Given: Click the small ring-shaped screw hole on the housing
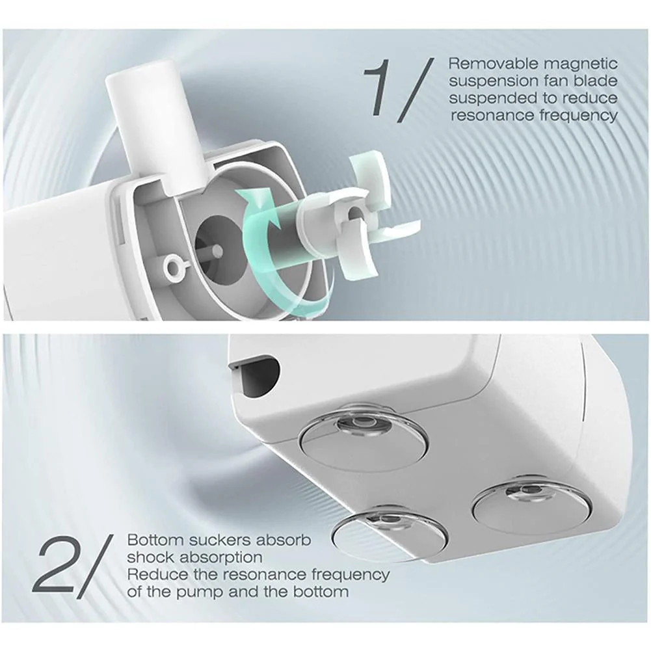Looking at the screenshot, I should (x=173, y=265).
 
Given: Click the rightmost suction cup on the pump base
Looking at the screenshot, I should (x=532, y=504).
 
